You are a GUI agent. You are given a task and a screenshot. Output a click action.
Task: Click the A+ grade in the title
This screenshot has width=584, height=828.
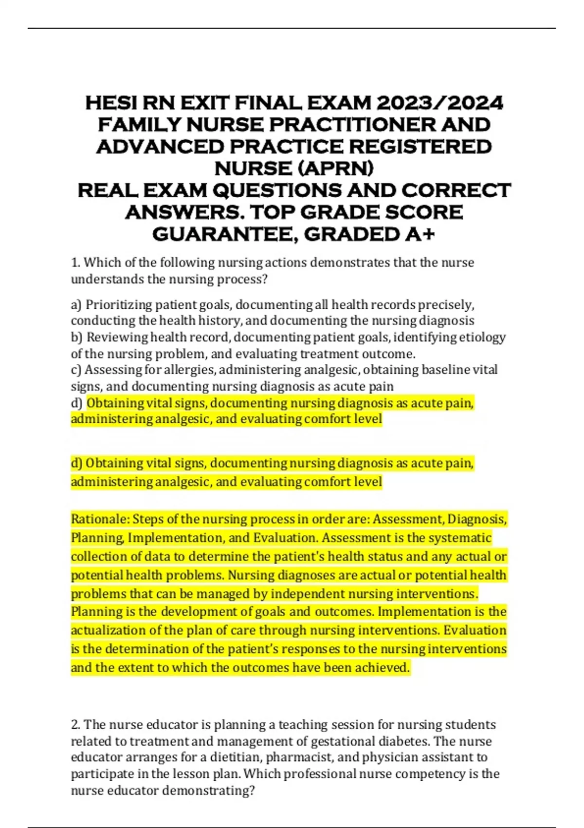click(419, 234)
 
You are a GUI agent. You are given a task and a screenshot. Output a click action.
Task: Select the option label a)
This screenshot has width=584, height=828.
click(76, 305)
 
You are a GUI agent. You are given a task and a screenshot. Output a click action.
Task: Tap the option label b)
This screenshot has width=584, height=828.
click(76, 337)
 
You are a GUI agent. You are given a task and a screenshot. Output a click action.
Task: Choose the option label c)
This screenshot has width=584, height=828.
click(76, 370)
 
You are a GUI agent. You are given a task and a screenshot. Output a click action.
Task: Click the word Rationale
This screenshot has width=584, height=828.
click(99, 519)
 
